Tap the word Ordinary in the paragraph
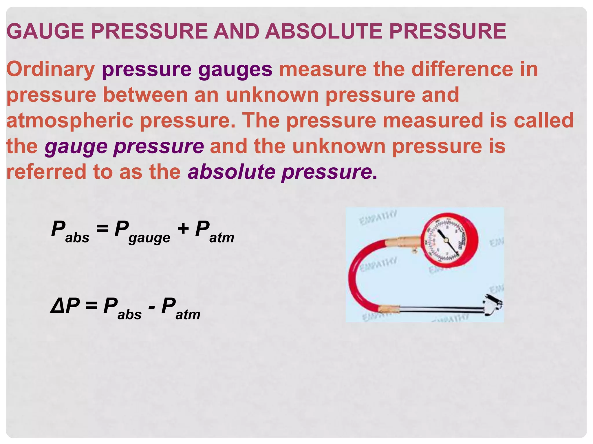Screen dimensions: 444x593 [51, 69]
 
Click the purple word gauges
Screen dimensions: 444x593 [235, 70]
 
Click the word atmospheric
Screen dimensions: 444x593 [70, 121]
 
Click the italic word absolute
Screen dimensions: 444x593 [232, 172]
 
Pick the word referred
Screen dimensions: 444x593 [46, 172]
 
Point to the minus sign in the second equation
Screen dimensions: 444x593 [151, 306]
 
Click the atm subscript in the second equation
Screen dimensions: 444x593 [188, 314]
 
